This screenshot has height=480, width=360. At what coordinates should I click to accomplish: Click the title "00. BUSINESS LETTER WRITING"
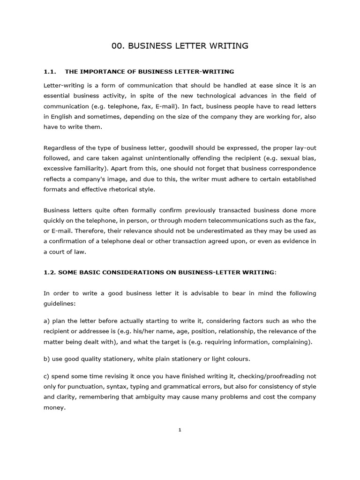click(x=180, y=46)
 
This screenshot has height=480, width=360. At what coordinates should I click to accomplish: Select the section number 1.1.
click(x=50, y=72)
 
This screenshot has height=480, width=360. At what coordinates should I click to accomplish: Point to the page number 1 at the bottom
click(x=180, y=430)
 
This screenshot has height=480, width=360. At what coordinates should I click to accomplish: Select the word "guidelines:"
click(x=59, y=303)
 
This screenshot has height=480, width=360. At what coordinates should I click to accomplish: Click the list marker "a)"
click(x=47, y=321)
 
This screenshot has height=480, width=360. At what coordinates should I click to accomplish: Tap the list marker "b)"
click(x=47, y=359)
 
